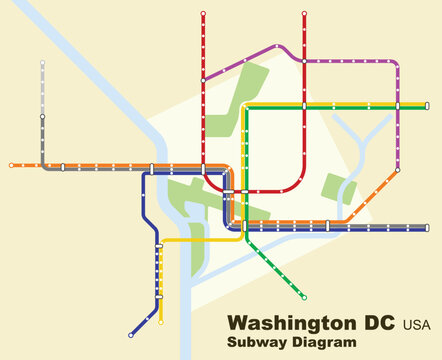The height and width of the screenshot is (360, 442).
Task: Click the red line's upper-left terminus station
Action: pos(203,14)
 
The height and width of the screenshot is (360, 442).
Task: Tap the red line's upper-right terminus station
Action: pos(304,14)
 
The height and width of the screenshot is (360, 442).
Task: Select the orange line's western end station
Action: pos(11,165)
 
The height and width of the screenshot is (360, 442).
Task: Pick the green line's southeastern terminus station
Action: pos(304,297)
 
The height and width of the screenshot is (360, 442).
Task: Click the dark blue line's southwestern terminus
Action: pos(131,335)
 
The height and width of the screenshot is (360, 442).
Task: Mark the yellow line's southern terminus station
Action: pos(161,322)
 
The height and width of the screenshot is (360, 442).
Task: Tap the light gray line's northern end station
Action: pos(42,63)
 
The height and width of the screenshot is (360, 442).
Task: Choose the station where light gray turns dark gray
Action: pos(42,117)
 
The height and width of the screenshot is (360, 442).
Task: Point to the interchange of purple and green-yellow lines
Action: pos(398,105)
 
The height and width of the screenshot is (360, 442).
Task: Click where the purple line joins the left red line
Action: pos(203,79)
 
